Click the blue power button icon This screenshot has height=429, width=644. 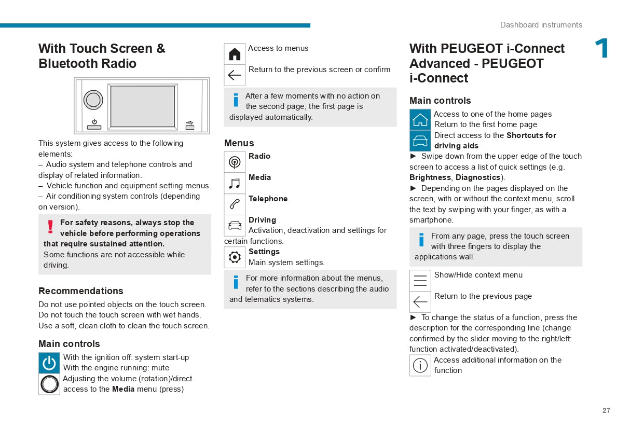point(49,363)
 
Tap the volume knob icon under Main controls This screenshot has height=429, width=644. point(49,384)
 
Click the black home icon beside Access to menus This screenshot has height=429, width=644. point(235,54)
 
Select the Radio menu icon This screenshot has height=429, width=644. point(235,162)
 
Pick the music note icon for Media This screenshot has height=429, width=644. point(235,184)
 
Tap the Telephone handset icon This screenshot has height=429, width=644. point(235,204)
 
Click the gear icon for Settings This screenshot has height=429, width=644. point(235,257)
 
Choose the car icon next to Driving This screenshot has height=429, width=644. point(235,226)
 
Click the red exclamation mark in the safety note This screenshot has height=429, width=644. point(50,227)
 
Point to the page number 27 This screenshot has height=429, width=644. point(606,410)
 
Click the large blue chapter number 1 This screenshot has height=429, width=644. point(602,49)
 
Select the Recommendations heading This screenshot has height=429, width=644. point(81,291)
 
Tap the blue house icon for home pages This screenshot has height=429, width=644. point(420,119)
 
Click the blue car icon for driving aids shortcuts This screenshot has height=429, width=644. point(420,141)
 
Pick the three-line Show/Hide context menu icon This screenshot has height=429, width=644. point(420,281)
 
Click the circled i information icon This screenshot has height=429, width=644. point(420,365)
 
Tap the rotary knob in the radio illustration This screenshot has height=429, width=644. point(93,100)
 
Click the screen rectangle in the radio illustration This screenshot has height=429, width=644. point(142,106)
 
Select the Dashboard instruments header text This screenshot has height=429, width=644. point(541,25)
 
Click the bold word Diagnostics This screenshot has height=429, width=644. point(477,177)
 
